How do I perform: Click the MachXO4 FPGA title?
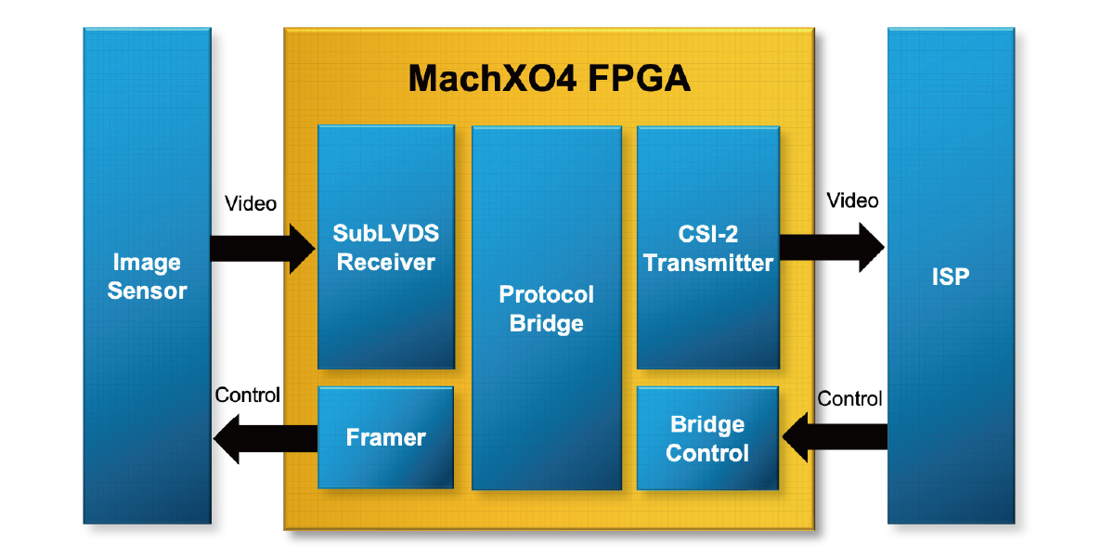click(549, 79)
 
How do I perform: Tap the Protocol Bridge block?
click(546, 308)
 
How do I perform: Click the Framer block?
click(385, 437)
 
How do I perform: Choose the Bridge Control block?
click(707, 438)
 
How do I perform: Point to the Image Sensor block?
click(147, 277)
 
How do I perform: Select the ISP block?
click(950, 277)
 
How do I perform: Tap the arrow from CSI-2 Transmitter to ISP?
click(832, 246)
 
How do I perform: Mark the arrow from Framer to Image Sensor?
click(266, 438)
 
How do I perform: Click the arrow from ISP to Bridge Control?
click(835, 438)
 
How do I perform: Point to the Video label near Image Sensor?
click(251, 203)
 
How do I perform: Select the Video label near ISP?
click(852, 201)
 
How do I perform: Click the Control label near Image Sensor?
click(247, 395)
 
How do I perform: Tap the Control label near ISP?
click(849, 399)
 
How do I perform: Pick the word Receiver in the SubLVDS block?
click(385, 263)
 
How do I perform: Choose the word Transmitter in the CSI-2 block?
click(707, 264)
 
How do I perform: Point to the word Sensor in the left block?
click(147, 291)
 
